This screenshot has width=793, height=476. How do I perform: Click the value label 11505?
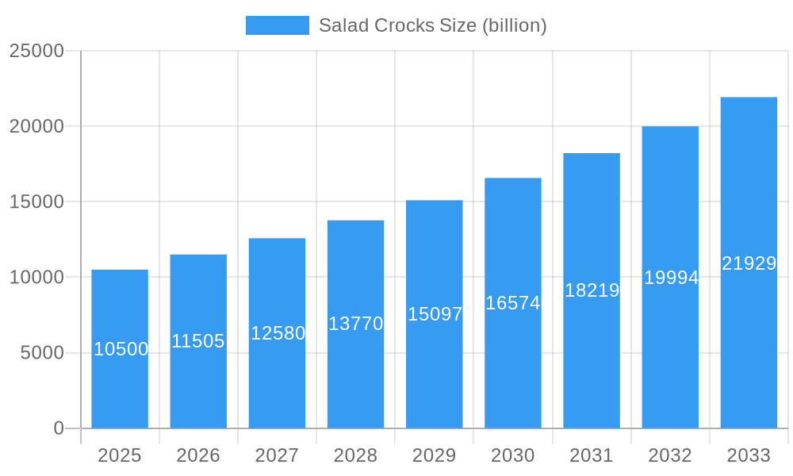tap(198, 341)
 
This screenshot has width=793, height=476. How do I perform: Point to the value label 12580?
tap(278, 333)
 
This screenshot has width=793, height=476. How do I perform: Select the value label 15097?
tap(435, 314)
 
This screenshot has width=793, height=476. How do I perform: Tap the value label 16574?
tap(512, 303)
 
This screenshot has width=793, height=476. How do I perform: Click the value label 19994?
tap(671, 278)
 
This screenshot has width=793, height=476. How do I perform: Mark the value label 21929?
tap(749, 263)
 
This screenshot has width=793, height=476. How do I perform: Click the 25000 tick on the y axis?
tap(36, 51)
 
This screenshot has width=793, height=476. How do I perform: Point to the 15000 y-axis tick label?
tap(36, 202)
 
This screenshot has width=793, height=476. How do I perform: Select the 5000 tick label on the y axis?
tap(42, 353)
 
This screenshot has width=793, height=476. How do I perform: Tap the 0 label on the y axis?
tap(59, 428)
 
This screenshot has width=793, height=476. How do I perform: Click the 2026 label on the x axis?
tap(198, 455)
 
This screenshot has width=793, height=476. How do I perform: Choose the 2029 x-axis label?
tap(435, 455)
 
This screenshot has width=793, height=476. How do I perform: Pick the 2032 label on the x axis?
tap(670, 455)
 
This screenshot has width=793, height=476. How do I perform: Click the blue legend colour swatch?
tap(277, 25)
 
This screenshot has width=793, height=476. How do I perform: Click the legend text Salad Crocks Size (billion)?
tap(432, 25)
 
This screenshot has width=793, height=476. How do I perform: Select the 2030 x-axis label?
tap(513, 455)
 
